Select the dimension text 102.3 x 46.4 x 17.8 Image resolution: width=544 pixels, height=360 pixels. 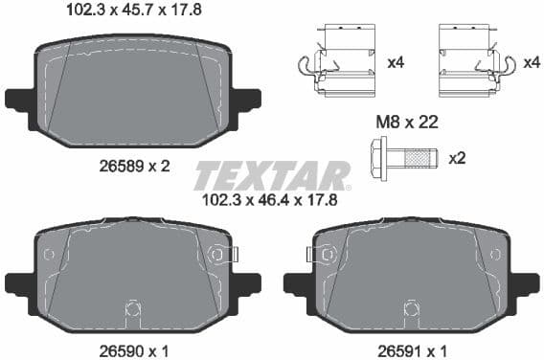pyautogui.click(x=271, y=202)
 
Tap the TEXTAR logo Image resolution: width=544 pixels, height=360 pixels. pyautogui.click(x=272, y=176)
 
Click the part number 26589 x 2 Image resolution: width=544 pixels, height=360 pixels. pyautogui.click(x=134, y=165)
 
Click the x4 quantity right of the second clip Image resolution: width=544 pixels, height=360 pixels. pyautogui.click(x=533, y=62)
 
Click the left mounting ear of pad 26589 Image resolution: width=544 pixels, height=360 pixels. pyautogui.click(x=18, y=99)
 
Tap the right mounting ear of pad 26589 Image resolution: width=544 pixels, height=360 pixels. pyautogui.click(x=246, y=99)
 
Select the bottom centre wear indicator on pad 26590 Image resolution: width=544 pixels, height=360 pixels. pyautogui.click(x=133, y=309)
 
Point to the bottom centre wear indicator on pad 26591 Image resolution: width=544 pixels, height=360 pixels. pyautogui.click(x=412, y=309)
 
